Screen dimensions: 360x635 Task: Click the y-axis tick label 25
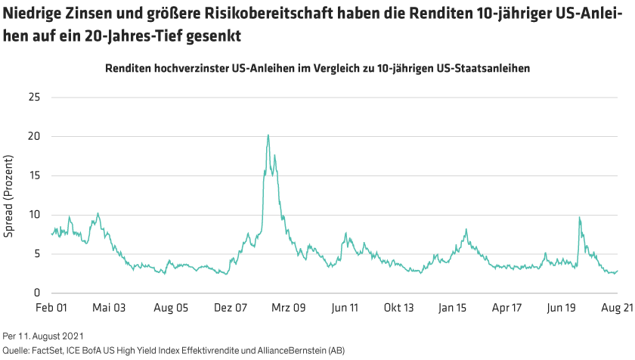click(34, 97)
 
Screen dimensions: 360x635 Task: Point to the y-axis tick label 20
click(34, 136)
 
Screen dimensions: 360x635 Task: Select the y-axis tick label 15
click(34, 175)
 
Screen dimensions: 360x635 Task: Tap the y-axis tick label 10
click(34, 215)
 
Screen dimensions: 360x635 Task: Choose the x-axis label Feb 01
click(52, 309)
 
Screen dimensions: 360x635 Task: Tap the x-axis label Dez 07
click(231, 309)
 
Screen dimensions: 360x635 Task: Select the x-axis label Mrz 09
click(289, 309)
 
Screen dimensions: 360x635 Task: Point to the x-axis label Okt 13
click(398, 309)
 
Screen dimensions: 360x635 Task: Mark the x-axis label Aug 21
click(616, 309)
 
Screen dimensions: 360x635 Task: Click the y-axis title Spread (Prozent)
click(10, 195)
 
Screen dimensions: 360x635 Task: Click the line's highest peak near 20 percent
click(268, 135)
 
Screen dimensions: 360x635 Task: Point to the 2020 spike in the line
click(579, 218)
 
